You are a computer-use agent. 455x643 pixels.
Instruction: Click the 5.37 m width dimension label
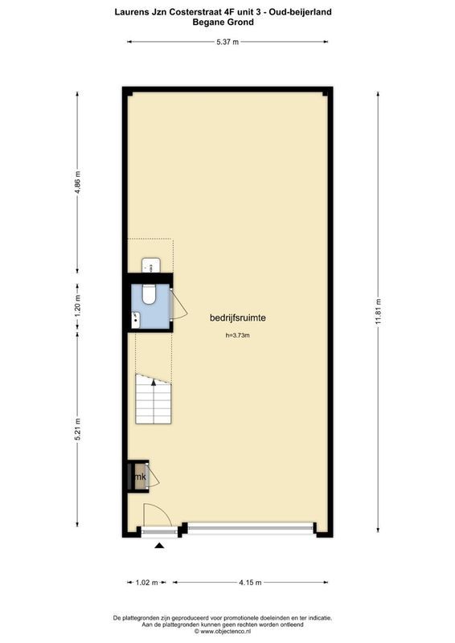[227, 42]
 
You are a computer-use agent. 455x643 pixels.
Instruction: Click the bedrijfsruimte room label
[238, 317]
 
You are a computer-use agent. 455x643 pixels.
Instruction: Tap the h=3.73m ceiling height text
[237, 336]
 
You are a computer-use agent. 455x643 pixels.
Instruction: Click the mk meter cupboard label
[140, 477]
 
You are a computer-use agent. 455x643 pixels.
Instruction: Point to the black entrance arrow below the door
[159, 546]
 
